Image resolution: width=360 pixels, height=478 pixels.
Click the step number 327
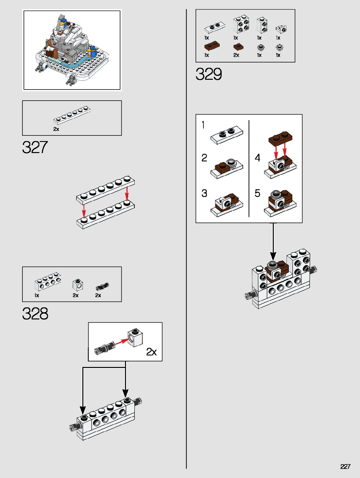pos(35,147)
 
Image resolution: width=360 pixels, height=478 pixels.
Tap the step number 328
pos(35,314)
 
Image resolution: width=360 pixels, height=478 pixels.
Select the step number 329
pos(209,74)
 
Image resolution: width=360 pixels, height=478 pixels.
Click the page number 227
pos(345,466)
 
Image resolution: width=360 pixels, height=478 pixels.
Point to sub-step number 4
pos(257,158)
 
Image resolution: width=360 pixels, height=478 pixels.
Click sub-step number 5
pos(257,193)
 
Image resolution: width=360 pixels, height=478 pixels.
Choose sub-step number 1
pos(203,125)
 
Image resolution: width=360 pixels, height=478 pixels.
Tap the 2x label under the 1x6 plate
pos(56,129)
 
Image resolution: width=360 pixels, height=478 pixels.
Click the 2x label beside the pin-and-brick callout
pos(151,352)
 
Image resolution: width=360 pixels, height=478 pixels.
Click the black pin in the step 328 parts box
pos(102,287)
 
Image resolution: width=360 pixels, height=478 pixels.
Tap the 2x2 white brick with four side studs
pos(241,24)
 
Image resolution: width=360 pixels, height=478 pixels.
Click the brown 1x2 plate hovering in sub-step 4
pos(281,137)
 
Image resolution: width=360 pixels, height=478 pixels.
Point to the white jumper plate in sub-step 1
pos(227,134)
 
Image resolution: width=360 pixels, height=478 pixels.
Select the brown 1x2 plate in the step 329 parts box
pos(212,45)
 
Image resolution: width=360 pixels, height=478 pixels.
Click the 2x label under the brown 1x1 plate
pos(236,55)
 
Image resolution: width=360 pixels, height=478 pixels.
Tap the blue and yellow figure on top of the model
pos(62,23)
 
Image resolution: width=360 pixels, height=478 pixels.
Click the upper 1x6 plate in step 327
pos(105,190)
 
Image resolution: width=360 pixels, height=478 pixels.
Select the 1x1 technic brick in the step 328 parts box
pos(77,285)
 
